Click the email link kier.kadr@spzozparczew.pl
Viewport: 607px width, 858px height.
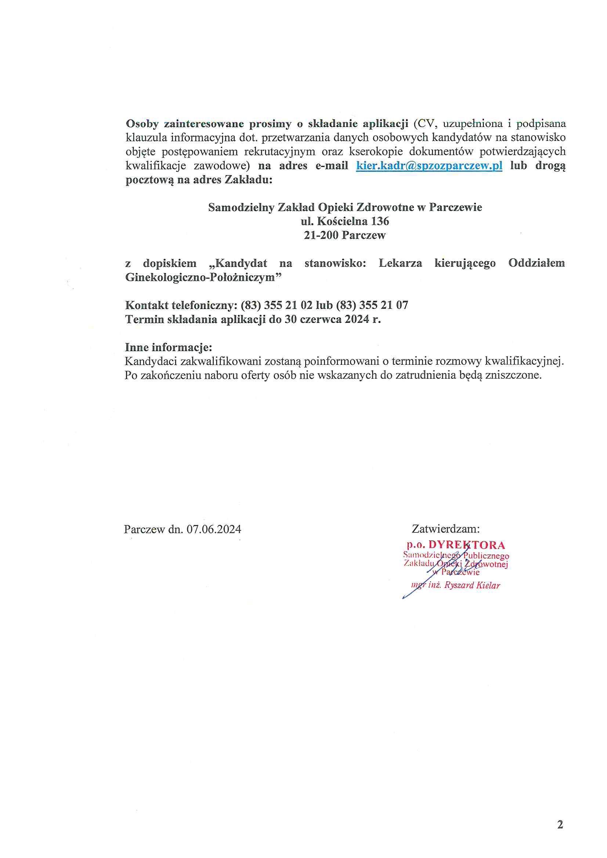(x=429, y=166)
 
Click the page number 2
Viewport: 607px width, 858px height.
(x=560, y=811)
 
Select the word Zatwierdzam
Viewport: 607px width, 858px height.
(x=445, y=529)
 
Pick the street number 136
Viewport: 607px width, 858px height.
(x=380, y=221)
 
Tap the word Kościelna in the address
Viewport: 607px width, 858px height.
(x=343, y=221)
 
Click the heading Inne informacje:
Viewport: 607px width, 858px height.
(x=168, y=347)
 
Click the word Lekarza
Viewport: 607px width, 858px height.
(x=400, y=263)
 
